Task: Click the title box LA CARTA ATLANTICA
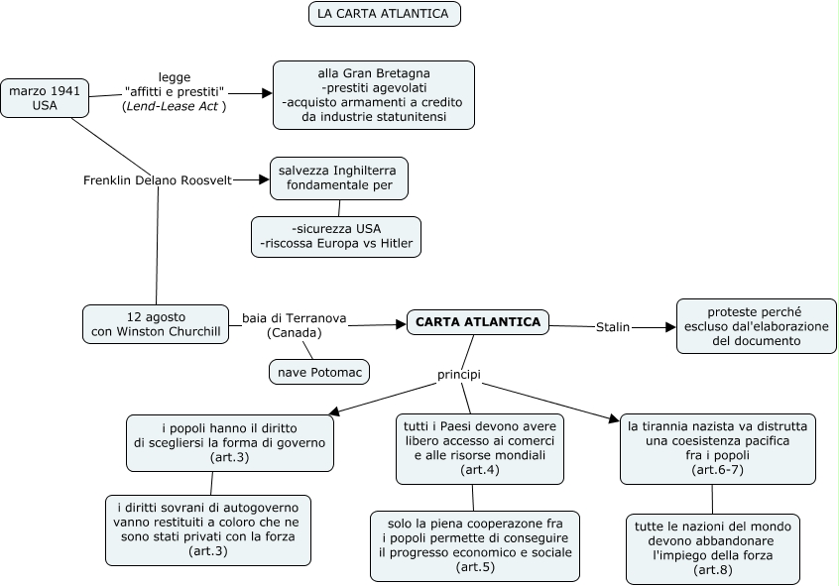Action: click(384, 14)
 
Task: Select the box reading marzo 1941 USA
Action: click(45, 98)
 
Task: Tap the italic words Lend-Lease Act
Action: click(173, 106)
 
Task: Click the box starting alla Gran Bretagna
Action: click(374, 95)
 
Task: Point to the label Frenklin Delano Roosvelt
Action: click(158, 180)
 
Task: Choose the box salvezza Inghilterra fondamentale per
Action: click(339, 178)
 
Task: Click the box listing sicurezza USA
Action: click(336, 237)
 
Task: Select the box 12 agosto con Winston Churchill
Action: click(156, 324)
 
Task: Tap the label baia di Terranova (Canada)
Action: click(295, 325)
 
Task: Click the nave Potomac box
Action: click(319, 372)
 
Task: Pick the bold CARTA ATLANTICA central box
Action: click(478, 322)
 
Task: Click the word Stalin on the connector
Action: click(613, 327)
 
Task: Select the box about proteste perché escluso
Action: click(756, 326)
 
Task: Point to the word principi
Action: click(459, 375)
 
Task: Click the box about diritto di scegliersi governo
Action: click(230, 443)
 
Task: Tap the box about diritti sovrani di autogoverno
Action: click(208, 530)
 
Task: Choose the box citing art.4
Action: click(480, 449)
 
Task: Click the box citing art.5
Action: click(475, 546)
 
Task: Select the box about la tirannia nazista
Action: click(718, 449)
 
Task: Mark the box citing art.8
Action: click(713, 549)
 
